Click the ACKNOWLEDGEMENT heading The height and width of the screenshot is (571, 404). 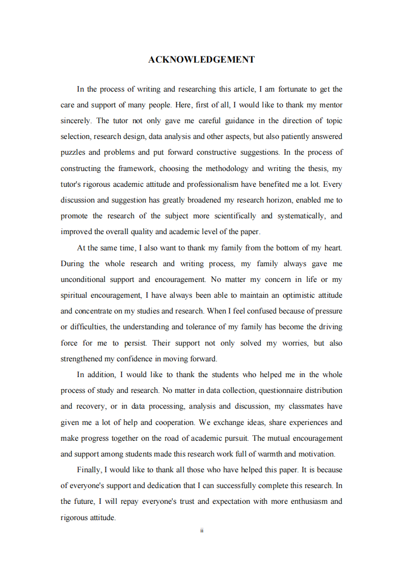pyautogui.click(x=202, y=60)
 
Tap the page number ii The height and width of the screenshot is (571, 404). pyautogui.click(x=202, y=530)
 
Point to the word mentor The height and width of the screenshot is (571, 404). pyautogui.click(x=330, y=105)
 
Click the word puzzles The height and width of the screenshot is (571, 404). pyautogui.click(x=74, y=152)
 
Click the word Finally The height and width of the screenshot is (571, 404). pyautogui.click(x=89, y=470)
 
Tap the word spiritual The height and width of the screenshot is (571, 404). pyautogui.click(x=74, y=295)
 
